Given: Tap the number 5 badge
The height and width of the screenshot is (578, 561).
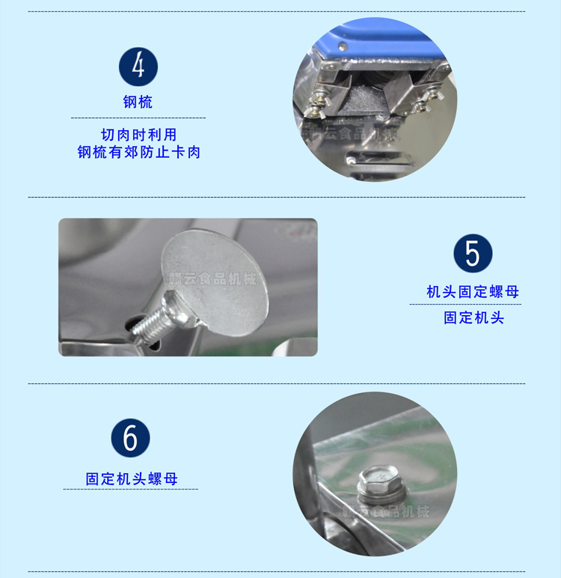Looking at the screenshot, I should [x=473, y=253].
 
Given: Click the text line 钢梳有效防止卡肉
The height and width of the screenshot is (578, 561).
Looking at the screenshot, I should [x=138, y=152].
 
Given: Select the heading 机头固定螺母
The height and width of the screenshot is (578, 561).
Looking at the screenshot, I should [x=473, y=291].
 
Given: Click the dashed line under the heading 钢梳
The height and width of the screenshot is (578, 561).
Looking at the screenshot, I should [x=138, y=118].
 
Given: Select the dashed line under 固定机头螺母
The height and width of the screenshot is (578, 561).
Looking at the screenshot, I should [x=131, y=489].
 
